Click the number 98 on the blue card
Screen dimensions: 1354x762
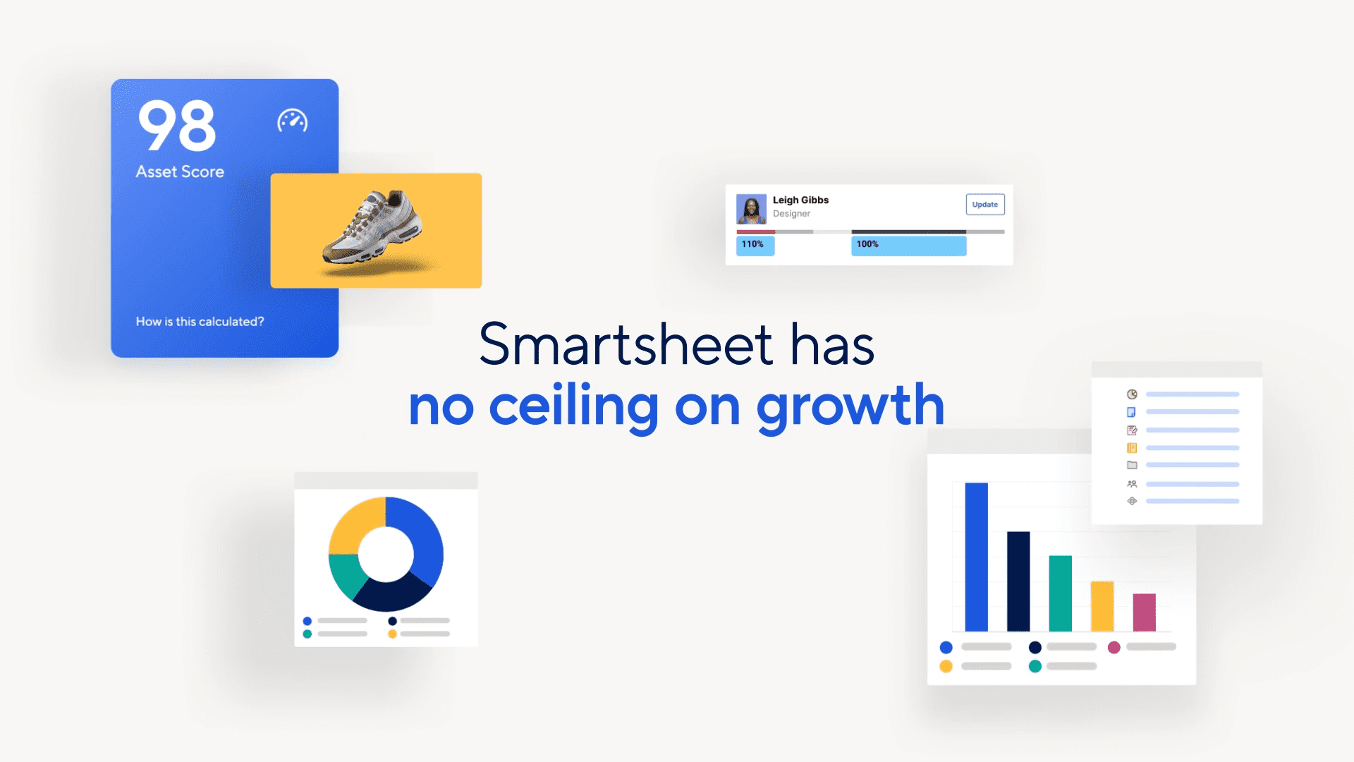(x=177, y=125)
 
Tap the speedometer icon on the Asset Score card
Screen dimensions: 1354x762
(x=292, y=121)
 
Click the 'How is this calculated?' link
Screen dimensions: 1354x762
(x=200, y=322)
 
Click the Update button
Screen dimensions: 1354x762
(x=985, y=205)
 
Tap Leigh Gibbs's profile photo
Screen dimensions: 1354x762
(x=751, y=209)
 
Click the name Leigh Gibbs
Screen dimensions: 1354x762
(x=800, y=200)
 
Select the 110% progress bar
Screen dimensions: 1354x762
(x=755, y=245)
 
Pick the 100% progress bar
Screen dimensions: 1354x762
(x=908, y=245)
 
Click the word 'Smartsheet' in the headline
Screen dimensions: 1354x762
(x=626, y=344)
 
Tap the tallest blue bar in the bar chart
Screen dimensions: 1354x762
(x=976, y=557)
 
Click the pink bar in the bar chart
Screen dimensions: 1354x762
(x=1144, y=612)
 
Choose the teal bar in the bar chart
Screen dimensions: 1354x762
(x=1060, y=593)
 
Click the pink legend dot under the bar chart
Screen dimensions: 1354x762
(x=1114, y=647)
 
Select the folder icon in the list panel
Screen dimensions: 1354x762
(x=1132, y=465)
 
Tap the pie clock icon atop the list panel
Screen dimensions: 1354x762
(x=1132, y=394)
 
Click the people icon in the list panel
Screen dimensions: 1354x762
(x=1132, y=484)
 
